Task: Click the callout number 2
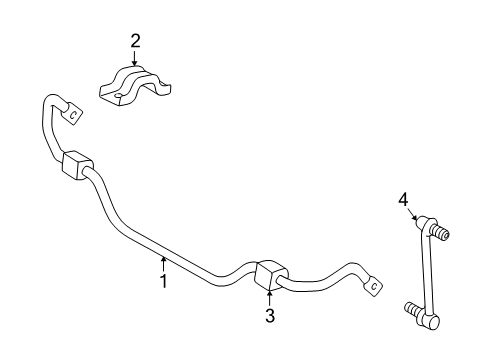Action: click(x=135, y=41)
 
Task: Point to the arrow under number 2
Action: click(x=135, y=59)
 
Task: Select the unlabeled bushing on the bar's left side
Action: click(x=76, y=167)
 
